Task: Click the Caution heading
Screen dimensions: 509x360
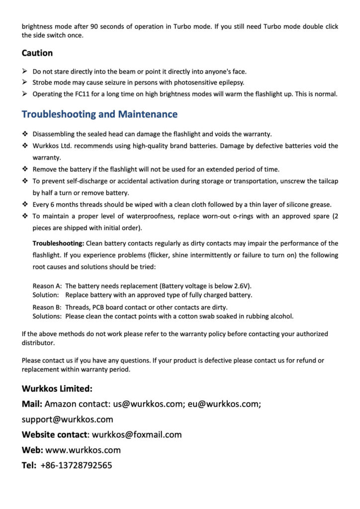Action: pos(37,53)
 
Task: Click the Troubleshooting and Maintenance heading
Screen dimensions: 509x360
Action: pos(99,114)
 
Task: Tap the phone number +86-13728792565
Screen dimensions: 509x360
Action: pos(76,466)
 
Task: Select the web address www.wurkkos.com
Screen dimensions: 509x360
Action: pos(83,450)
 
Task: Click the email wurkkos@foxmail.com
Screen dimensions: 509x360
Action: pos(137,435)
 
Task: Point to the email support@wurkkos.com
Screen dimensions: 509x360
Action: pos(67,420)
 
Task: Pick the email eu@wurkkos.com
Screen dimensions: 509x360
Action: pos(223,404)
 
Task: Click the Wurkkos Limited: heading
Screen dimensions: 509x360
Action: pos(57,389)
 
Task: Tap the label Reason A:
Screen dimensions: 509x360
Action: pos(47,286)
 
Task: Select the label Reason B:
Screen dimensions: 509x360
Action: pos(47,307)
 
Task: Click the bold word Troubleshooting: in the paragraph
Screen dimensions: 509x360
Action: pos(58,244)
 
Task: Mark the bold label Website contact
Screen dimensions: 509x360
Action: pos(54,435)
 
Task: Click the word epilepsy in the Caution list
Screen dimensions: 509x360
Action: pos(232,83)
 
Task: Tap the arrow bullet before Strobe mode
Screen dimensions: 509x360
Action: pos(25,83)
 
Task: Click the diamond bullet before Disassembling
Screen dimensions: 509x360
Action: pos(25,134)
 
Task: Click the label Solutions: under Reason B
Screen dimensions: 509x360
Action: pos(47,316)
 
